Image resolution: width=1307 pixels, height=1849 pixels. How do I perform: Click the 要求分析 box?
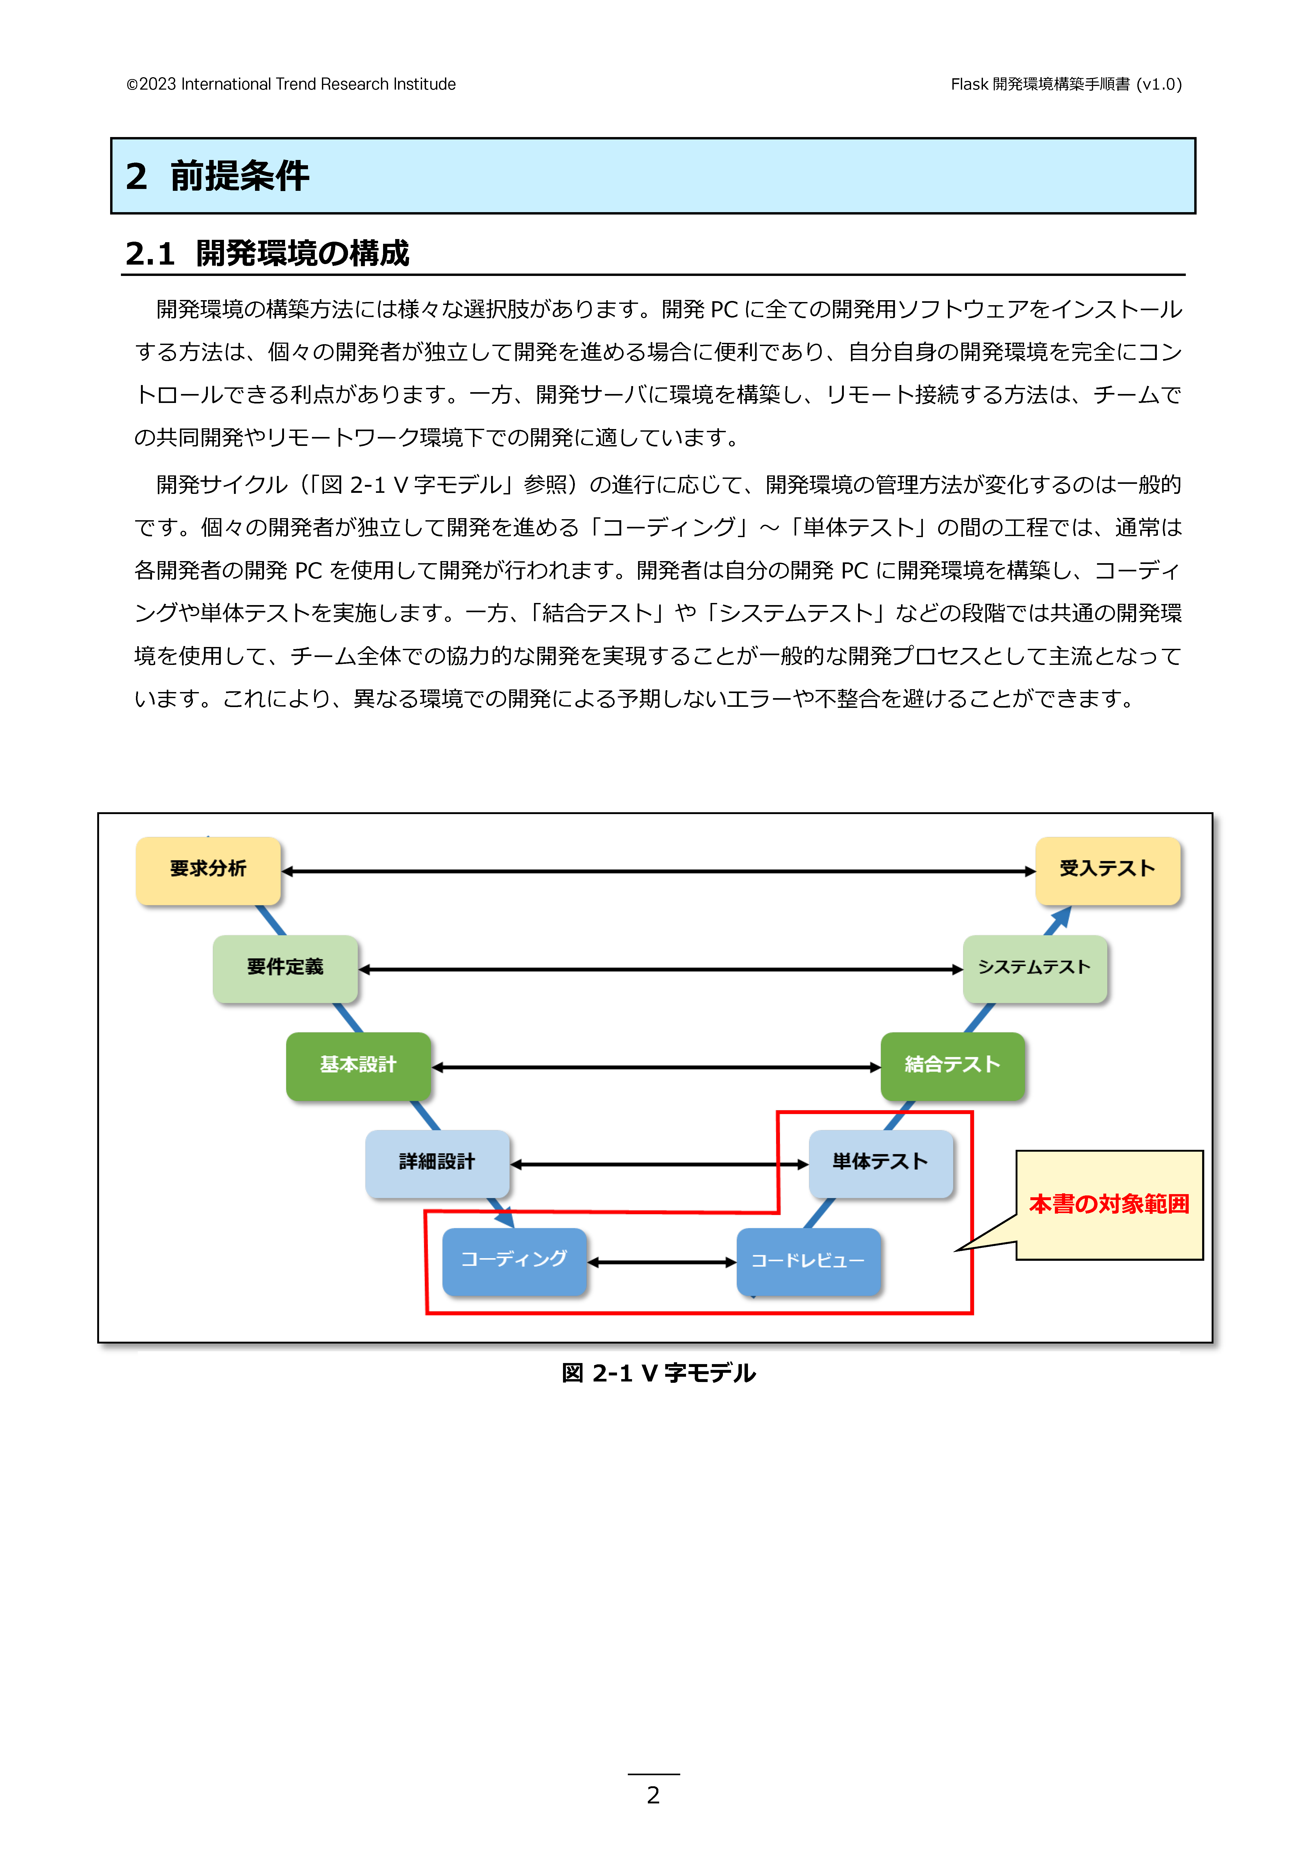[208, 870]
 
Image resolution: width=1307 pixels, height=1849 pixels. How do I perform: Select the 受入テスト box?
[1107, 870]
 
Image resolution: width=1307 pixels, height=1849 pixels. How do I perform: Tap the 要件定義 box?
[285, 968]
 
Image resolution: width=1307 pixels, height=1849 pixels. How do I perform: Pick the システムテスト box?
[1035, 968]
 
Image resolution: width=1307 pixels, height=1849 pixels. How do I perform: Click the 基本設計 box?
[358, 1065]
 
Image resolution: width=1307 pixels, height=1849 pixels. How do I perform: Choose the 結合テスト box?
[953, 1065]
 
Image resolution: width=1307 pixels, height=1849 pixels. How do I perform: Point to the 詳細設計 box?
[437, 1163]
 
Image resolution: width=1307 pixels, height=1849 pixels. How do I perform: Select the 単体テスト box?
[880, 1163]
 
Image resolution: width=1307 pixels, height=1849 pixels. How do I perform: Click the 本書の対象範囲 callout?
[1109, 1205]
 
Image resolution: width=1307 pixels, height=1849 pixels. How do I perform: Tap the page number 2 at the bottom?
[653, 1795]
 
